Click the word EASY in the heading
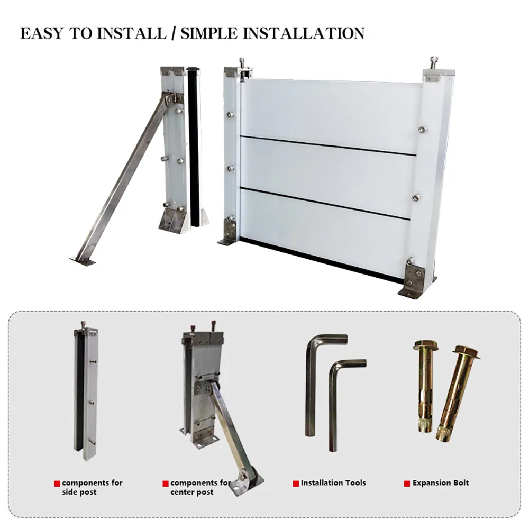click(x=43, y=33)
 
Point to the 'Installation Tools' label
click(x=333, y=482)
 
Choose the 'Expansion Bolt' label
click(x=440, y=482)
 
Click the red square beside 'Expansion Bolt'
click(x=407, y=483)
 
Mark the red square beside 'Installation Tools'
click(x=296, y=483)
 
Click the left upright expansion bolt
click(x=424, y=386)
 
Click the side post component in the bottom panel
click(x=86, y=391)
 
